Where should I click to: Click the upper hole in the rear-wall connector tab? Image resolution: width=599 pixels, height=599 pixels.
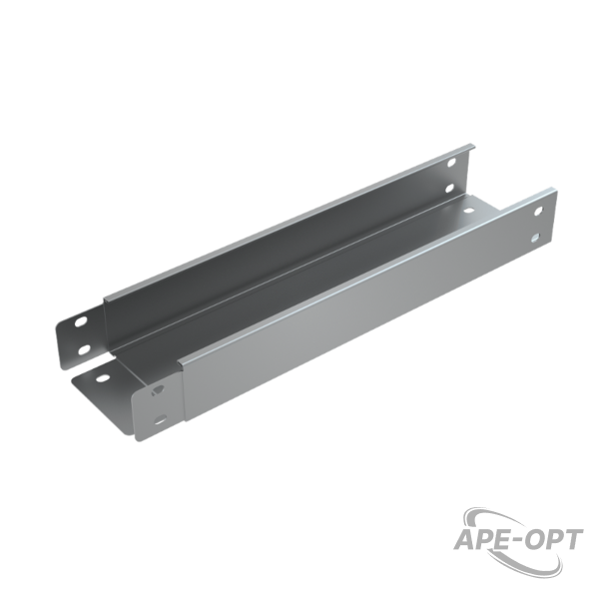(81, 322)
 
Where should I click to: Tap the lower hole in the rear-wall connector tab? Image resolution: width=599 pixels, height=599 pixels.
(84, 348)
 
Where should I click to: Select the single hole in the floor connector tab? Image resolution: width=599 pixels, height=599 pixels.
(103, 378)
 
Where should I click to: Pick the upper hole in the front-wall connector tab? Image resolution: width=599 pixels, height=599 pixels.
(158, 390)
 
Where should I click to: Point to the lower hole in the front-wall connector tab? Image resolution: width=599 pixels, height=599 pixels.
(161, 420)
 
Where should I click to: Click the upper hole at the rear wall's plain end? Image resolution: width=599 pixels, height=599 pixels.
(451, 163)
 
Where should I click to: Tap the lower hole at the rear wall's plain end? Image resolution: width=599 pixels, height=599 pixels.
(450, 188)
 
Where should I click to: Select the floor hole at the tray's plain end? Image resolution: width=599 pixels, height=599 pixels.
(468, 210)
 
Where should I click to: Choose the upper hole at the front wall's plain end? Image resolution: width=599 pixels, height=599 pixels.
(539, 211)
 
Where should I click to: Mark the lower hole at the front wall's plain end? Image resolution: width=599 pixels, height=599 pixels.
(536, 239)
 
